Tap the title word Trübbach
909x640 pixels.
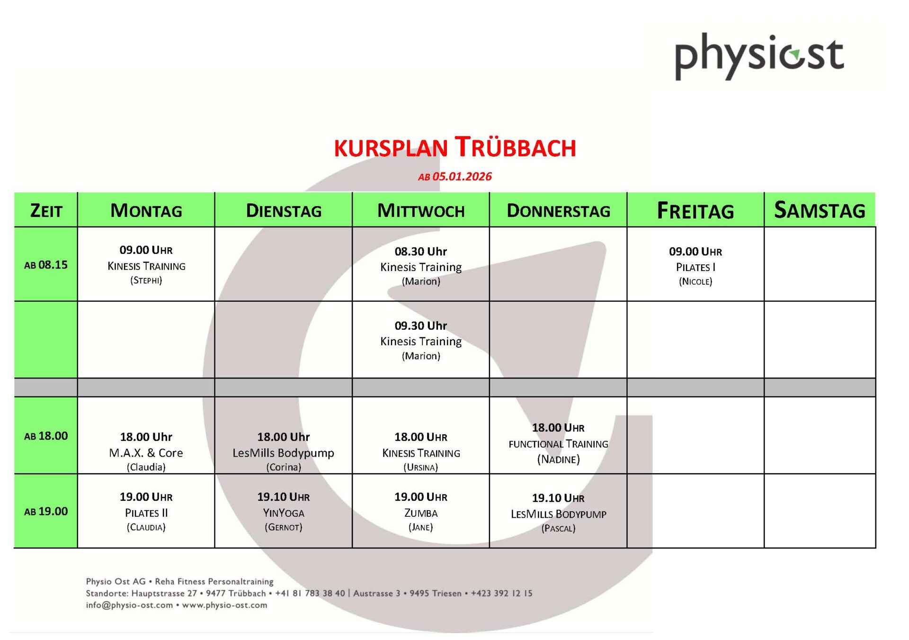[515, 147]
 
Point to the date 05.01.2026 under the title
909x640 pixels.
[462, 177]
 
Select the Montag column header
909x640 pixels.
[146, 210]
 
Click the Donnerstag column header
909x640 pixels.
[558, 211]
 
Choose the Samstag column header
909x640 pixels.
[820, 210]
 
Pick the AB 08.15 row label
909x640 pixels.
[46, 265]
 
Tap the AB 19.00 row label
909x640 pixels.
[46, 512]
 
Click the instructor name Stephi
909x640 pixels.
[146, 280]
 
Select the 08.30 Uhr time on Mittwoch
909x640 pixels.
[421, 252]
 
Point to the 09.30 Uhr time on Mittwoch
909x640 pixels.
[421, 326]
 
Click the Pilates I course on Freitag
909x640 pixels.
[695, 267]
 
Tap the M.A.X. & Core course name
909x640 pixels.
[146, 453]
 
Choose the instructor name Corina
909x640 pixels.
[284, 467]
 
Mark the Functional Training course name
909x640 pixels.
[558, 444]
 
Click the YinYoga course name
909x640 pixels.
[284, 513]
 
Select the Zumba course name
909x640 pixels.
[421, 513]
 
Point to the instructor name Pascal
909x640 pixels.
[558, 528]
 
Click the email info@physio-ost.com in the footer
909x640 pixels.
[129, 605]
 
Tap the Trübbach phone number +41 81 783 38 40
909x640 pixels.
[310, 593]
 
